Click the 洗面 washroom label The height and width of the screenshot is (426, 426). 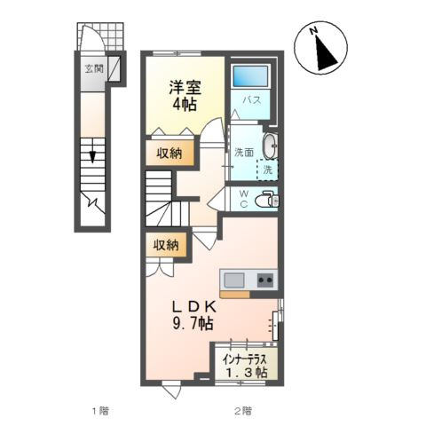[x=244, y=154]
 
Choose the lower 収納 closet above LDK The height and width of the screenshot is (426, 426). [x=167, y=245]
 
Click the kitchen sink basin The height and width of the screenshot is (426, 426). [x=235, y=280]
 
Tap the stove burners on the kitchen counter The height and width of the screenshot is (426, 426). [x=264, y=280]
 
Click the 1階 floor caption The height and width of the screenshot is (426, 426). [x=99, y=410]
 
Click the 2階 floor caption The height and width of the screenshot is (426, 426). [x=242, y=410]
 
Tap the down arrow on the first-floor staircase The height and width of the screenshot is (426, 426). [x=91, y=157]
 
